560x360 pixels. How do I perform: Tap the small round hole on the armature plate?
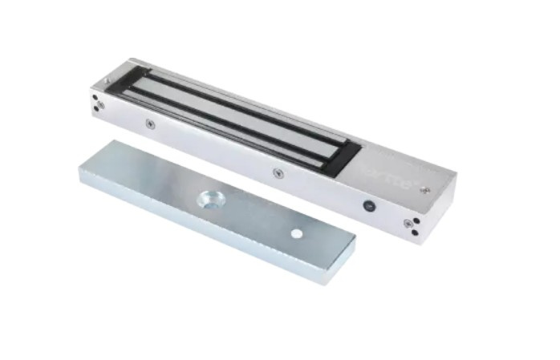(296, 233)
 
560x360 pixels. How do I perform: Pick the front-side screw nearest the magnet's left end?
(149, 123)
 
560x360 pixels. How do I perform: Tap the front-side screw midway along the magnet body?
(278, 172)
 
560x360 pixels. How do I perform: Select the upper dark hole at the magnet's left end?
(95, 98)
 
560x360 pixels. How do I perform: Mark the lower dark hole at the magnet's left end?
(97, 108)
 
